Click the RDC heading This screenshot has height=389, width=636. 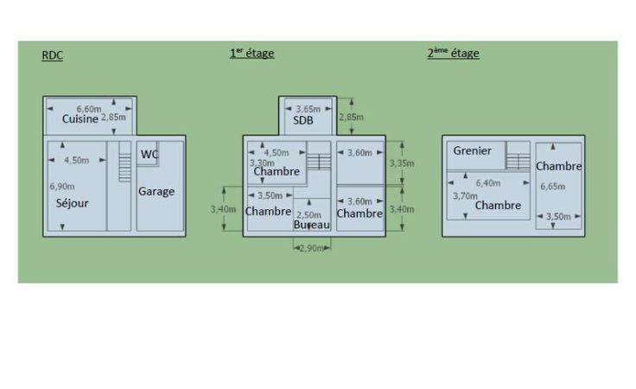(53, 56)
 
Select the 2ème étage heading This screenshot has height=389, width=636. (453, 54)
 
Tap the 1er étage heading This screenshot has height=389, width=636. (251, 54)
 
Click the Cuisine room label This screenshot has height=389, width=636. (79, 119)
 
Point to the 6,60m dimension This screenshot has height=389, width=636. (89, 109)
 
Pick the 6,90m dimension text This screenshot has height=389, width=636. (61, 186)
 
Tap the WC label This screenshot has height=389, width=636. (149, 155)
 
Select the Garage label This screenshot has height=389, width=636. (156, 192)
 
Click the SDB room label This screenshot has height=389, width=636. (302, 121)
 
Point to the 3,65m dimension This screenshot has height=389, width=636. (308, 109)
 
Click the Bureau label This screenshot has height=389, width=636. (311, 225)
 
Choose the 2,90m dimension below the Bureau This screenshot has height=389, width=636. (311, 248)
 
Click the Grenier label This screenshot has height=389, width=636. (472, 151)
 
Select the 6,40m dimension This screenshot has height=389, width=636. (488, 183)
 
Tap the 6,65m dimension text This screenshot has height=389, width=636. (553, 186)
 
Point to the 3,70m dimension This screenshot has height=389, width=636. (465, 196)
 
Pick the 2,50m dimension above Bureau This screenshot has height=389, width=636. (308, 214)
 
